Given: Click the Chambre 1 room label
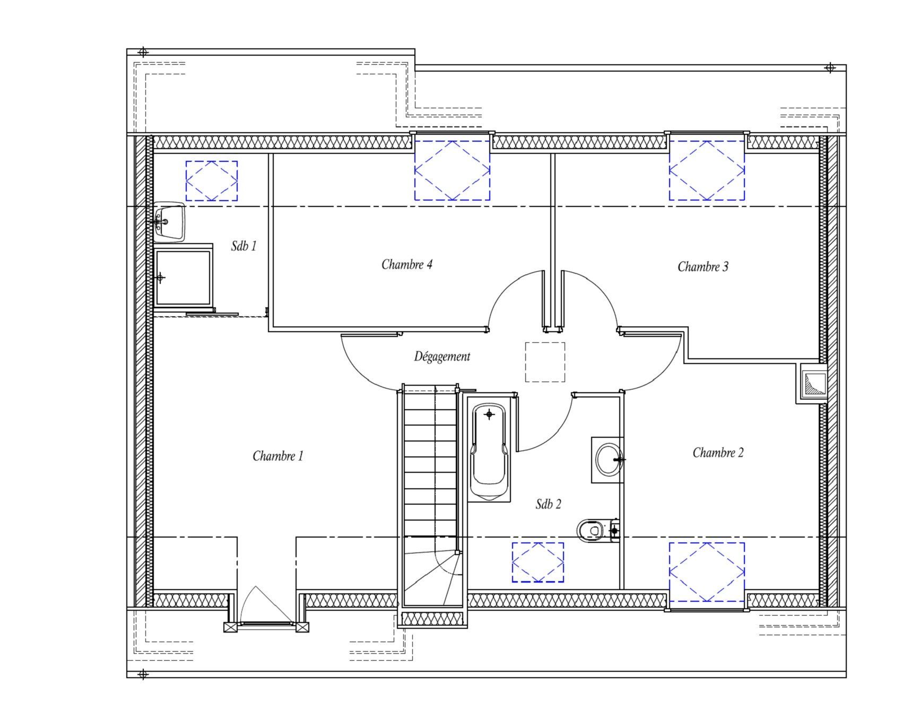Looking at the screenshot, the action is pos(277,456).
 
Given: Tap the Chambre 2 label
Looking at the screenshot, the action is pos(718,452).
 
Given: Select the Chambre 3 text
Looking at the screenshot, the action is pos(703,266).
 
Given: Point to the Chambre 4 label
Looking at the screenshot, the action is pos(407,264).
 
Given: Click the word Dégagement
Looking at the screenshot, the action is pos(442,357).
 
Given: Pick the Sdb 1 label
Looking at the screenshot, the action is pos(244,246).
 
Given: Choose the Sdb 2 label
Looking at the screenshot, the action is pos(548,504).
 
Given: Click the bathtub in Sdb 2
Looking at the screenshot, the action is pos(489,452).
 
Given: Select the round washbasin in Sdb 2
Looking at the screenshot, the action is pos(608,460).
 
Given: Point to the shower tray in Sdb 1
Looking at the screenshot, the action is pos(183,277).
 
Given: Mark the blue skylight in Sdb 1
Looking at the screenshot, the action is pos(211,181).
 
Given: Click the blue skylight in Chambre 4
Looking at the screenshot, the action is pos(452,170).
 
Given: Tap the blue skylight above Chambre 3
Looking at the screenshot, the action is pos(707,170).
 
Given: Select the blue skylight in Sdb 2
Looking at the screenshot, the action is pos(538,562).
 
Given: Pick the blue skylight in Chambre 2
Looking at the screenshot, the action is pos(707,572).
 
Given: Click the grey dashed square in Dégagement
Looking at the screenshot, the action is pos(545,362).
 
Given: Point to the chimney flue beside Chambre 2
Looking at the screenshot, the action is pos(812,384).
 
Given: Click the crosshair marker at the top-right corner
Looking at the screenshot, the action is pos(830,67).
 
